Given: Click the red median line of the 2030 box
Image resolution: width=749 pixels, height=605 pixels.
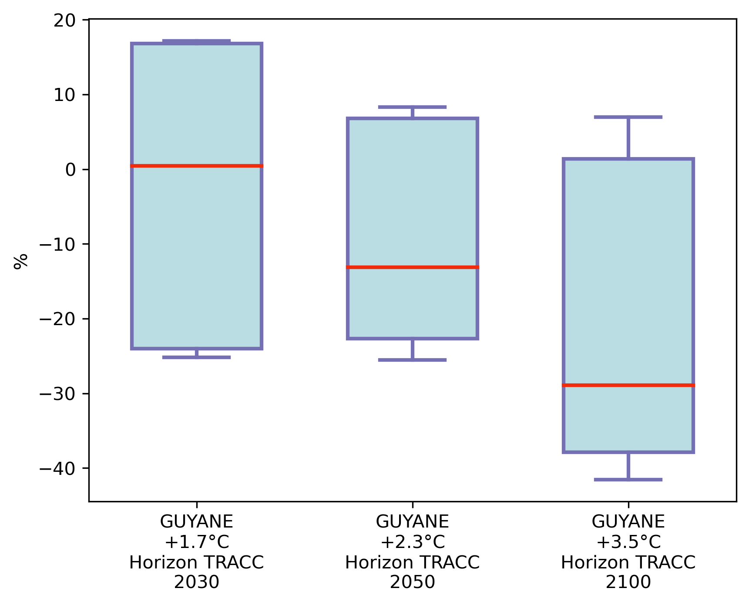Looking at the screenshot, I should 196,166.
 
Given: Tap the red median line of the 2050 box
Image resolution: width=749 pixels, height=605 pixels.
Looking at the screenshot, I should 412,267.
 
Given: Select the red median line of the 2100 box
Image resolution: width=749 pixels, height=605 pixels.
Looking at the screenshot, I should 628,385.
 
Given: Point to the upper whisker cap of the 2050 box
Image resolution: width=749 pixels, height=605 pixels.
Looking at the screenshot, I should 412,107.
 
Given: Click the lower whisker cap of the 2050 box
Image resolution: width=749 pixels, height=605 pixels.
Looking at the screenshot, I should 412,360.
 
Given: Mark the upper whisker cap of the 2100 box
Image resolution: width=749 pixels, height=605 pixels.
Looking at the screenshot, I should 628,117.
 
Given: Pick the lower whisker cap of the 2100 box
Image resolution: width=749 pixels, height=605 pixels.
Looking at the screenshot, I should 628,480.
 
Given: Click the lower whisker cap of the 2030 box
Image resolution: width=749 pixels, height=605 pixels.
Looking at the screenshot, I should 196,357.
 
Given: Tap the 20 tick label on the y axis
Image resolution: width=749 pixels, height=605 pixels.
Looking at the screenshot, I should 64,20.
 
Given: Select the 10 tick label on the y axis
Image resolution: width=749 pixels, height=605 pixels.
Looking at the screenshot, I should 64,95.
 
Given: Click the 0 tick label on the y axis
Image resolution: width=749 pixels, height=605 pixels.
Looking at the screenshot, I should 71,170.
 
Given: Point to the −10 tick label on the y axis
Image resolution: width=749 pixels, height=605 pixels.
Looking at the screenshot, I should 58,244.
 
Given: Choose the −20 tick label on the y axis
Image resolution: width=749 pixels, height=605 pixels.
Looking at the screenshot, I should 58,319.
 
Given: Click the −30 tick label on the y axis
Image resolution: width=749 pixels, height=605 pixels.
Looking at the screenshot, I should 58,394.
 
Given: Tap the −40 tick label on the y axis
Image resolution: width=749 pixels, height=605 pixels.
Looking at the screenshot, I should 58,468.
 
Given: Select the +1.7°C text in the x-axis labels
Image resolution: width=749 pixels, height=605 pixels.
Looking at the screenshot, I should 197,542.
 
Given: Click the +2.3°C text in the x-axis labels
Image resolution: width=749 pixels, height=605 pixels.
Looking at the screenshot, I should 413,542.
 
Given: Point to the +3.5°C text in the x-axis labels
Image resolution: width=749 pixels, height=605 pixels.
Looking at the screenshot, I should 628,542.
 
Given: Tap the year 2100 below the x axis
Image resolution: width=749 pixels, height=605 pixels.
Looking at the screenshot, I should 628,582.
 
